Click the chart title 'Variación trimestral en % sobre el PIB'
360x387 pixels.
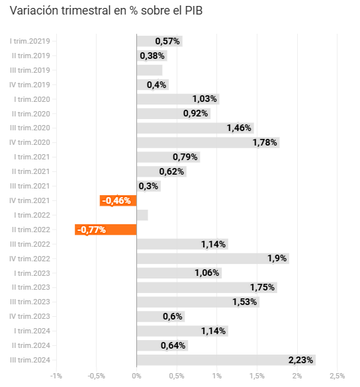(x=106, y=11)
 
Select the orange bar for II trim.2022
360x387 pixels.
(x=106, y=230)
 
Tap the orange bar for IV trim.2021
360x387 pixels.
(x=118, y=200)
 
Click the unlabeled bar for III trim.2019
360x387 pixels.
(x=150, y=70)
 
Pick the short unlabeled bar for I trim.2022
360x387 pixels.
(x=142, y=215)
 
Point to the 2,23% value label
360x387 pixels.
(x=300, y=360)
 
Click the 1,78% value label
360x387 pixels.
(x=265, y=142)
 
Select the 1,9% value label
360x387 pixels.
(x=277, y=259)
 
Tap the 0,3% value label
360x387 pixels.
(x=148, y=186)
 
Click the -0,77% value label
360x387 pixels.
(x=91, y=230)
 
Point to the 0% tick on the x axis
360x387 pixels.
(x=136, y=376)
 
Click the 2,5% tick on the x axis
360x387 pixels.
(x=337, y=376)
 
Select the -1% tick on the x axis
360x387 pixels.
(x=56, y=376)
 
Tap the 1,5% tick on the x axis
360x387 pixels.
(x=257, y=376)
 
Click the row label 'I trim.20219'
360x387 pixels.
(x=30, y=41)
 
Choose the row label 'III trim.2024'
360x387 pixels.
(x=30, y=360)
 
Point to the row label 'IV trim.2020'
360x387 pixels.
(x=30, y=142)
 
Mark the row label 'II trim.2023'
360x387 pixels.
(x=31, y=287)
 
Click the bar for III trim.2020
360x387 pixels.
(x=195, y=128)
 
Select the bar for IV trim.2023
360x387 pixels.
(x=161, y=316)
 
